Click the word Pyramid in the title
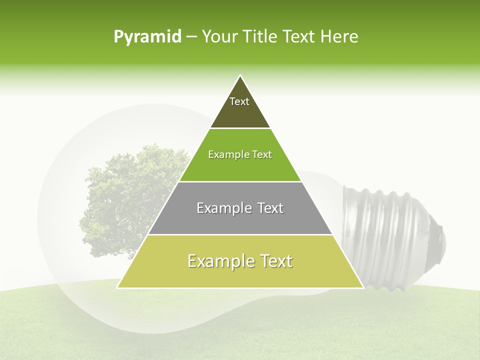[147, 37]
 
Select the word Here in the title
[339, 36]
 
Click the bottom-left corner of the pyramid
[118, 287]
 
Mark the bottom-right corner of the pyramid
[362, 287]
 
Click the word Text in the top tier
[239, 101]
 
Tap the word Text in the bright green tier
[262, 154]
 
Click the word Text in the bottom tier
[273, 261]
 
